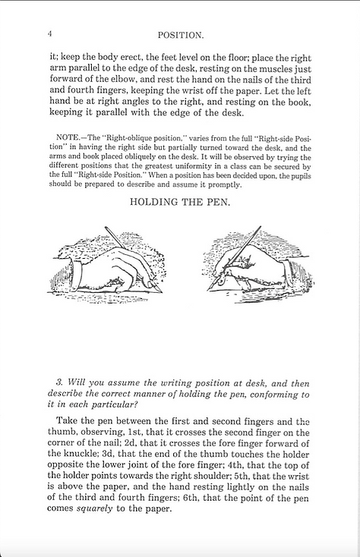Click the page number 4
(49, 35)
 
